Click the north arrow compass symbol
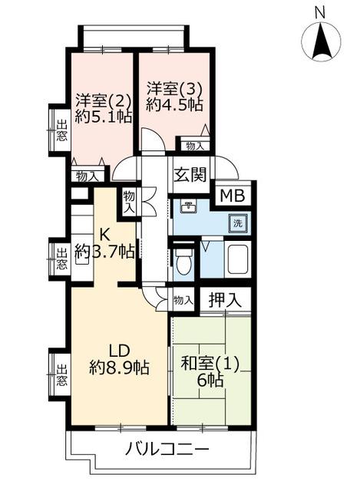(x=321, y=40)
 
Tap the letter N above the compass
(x=320, y=13)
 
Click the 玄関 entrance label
(x=190, y=175)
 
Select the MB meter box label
(x=232, y=196)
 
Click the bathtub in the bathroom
(x=238, y=259)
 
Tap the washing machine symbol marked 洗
(x=239, y=223)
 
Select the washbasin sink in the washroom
(x=188, y=206)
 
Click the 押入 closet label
(x=225, y=300)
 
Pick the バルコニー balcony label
(x=167, y=450)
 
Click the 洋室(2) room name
(x=103, y=101)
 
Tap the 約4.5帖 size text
(x=173, y=106)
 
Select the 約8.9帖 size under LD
(x=119, y=367)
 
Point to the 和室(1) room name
(x=210, y=364)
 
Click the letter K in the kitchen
(x=104, y=233)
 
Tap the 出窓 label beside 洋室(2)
(x=61, y=131)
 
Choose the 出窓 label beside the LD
(x=61, y=375)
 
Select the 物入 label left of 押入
(x=183, y=301)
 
